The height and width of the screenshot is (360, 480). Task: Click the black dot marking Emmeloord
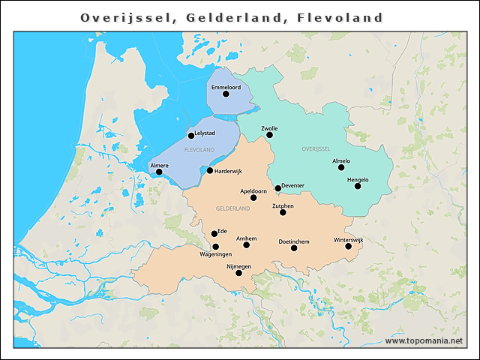pyautogui.click(x=226, y=94)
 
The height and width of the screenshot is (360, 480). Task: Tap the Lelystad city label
pyautogui.click(x=205, y=133)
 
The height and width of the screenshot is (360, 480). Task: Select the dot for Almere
pyautogui.click(x=159, y=172)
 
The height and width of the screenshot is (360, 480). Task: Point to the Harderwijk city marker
pyautogui.click(x=210, y=170)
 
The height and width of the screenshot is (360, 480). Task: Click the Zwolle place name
pyautogui.click(x=269, y=128)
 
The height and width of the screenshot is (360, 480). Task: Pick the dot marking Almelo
pyautogui.click(x=341, y=168)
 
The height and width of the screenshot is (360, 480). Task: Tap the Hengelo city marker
pyautogui.click(x=358, y=186)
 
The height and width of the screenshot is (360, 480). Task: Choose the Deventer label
pyautogui.click(x=292, y=185)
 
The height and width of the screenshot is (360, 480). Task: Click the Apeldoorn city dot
pyautogui.click(x=253, y=197)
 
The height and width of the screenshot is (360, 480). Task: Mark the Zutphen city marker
pyautogui.click(x=283, y=212)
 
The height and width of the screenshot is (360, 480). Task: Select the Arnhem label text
pyautogui.click(x=246, y=238)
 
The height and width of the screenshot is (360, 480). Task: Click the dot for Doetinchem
pyautogui.click(x=294, y=247)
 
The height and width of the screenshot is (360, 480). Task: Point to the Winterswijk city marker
pyautogui.click(x=349, y=246)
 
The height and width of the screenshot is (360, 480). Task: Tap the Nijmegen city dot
pyautogui.click(x=238, y=273)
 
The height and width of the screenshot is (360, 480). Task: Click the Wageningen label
pyautogui.click(x=214, y=254)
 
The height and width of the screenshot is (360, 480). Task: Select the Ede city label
pyautogui.click(x=221, y=231)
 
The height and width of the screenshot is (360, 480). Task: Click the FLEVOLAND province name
pyautogui.click(x=199, y=150)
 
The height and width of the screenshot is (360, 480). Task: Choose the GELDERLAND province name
pyautogui.click(x=232, y=208)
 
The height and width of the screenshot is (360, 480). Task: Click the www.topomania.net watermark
pyautogui.click(x=424, y=341)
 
